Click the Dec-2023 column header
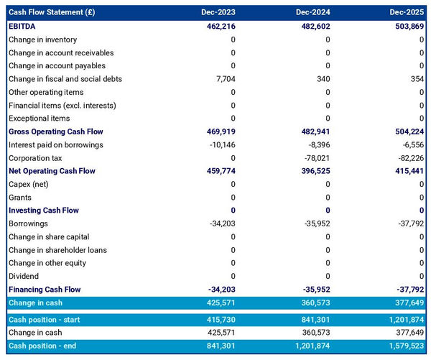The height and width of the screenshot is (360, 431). pyautogui.click(x=218, y=12)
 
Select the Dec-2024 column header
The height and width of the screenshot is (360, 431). pyautogui.click(x=313, y=12)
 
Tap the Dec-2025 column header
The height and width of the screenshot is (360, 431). pyautogui.click(x=408, y=12)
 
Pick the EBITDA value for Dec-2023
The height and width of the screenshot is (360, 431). pyautogui.click(x=218, y=26)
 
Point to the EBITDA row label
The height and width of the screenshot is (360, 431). pyautogui.click(x=23, y=26)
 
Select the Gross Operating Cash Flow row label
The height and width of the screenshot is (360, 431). pyautogui.click(x=55, y=131)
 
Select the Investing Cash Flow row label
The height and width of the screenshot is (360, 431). pyautogui.click(x=43, y=211)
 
